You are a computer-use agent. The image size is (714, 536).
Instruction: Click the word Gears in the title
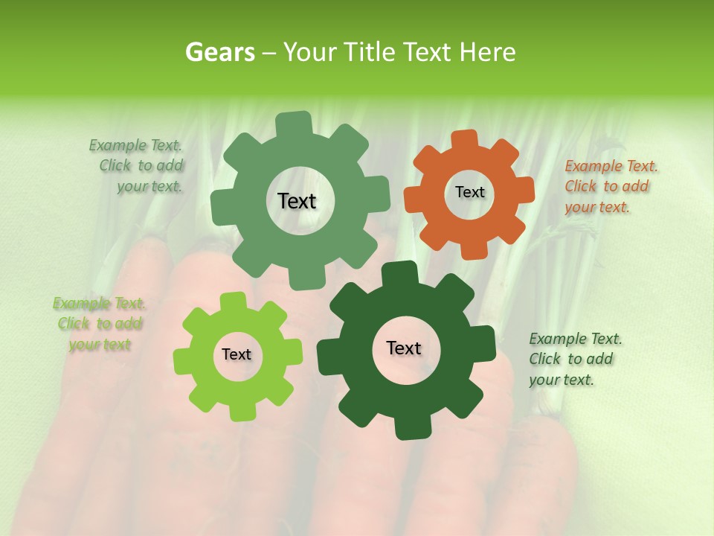[219, 52]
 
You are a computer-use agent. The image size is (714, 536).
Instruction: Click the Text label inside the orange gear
[469, 192]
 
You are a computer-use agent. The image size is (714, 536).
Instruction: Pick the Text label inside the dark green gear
[404, 348]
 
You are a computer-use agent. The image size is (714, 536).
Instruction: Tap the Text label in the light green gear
[237, 354]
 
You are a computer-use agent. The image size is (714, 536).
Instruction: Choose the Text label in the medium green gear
[297, 201]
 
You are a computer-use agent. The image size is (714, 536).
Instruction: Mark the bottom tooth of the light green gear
[238, 411]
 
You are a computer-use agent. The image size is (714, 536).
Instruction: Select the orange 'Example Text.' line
[611, 166]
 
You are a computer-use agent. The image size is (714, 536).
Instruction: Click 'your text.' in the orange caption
[596, 208]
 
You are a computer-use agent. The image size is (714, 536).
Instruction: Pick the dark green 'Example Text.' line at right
[576, 339]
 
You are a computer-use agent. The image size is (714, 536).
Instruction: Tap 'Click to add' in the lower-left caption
[100, 324]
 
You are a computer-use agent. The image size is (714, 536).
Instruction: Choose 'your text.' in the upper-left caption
[149, 187]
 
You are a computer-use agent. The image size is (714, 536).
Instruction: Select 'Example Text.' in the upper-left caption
[135, 145]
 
